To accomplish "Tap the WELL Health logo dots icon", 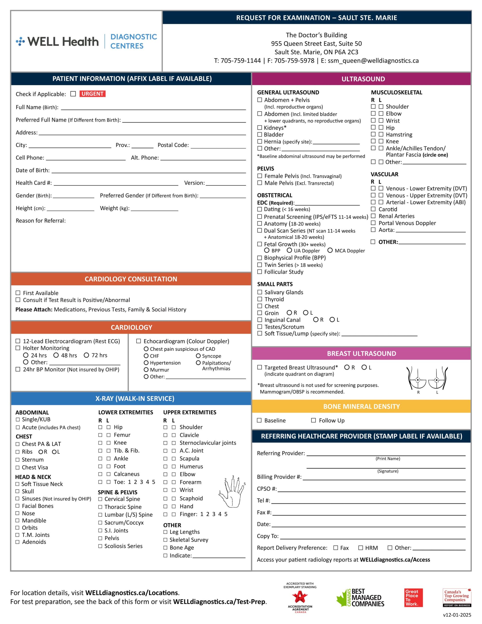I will coord(20,41).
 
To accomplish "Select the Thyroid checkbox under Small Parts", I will coord(260,299).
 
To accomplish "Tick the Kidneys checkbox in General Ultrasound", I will coord(260,127).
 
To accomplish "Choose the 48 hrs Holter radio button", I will coord(56,355).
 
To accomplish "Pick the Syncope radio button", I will coord(198,356).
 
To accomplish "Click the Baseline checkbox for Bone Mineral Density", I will coord(260,420).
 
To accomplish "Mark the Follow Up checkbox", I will coord(313,420).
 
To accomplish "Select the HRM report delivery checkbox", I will coord(361,548).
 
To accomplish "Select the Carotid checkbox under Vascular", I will coord(373,209).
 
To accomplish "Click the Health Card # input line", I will coord(116,183).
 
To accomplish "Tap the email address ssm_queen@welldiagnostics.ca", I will coord(373,60).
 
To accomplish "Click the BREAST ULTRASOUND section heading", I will coord(361,353).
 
